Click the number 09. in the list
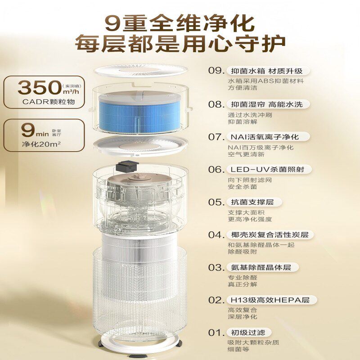click(216, 71)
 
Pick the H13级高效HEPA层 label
click(272, 300)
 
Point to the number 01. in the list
click(216, 333)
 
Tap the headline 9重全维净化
click(180, 22)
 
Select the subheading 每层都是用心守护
click(180, 45)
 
